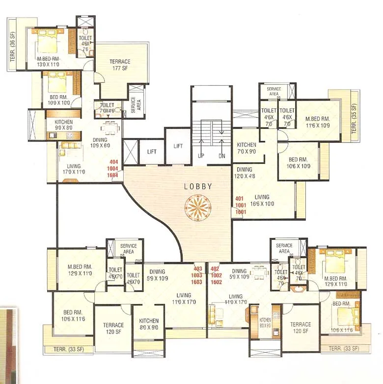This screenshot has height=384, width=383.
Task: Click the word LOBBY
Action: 198,186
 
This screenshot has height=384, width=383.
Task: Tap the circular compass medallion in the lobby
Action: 198,207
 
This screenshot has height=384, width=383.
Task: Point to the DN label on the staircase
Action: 221,156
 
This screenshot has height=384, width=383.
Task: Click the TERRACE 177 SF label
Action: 120,64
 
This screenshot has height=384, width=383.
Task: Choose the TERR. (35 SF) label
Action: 355,119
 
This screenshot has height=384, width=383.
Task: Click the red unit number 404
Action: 114,162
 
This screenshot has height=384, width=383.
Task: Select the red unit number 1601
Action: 240,212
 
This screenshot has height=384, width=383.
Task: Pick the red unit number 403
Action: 198,269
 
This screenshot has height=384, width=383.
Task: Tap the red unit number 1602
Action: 215,282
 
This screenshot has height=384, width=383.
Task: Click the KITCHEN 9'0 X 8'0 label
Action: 64,125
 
